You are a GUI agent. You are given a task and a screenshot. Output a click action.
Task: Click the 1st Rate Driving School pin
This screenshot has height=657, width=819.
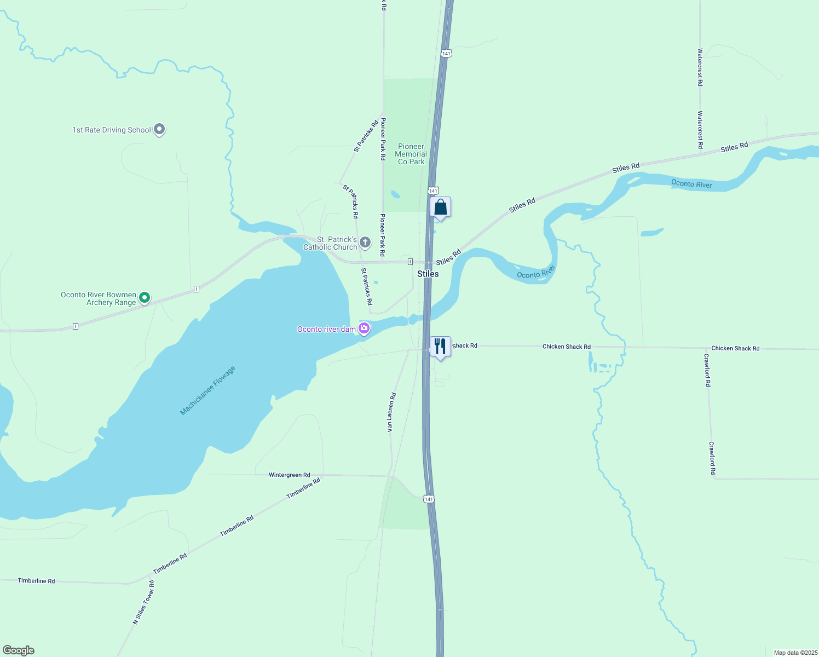click(159, 129)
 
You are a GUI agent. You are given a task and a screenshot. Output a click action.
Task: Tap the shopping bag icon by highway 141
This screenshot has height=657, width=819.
click(441, 208)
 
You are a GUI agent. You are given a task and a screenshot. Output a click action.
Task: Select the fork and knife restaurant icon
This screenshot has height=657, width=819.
click(440, 347)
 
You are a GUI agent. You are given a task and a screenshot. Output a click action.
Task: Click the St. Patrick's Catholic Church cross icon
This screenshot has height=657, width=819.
click(365, 242)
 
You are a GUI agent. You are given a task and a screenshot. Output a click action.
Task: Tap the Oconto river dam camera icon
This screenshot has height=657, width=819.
click(364, 328)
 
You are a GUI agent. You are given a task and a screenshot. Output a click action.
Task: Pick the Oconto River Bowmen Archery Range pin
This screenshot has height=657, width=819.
click(145, 298)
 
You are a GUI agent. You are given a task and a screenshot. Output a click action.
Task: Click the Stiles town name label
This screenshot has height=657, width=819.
click(428, 274)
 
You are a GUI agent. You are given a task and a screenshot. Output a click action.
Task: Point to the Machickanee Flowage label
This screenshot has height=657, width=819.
click(207, 390)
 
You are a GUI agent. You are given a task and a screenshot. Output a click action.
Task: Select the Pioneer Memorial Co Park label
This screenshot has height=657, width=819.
click(411, 154)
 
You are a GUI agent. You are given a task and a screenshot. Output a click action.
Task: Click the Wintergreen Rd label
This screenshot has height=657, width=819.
click(290, 475)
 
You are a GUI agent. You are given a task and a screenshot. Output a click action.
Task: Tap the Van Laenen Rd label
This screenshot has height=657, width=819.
click(391, 412)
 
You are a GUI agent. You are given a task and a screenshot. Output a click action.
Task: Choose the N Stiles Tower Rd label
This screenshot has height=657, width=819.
click(144, 603)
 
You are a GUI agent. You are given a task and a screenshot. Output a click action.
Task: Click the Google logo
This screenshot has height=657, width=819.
click(19, 650)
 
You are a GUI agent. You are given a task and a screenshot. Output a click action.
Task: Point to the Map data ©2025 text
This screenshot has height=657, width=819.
click(795, 653)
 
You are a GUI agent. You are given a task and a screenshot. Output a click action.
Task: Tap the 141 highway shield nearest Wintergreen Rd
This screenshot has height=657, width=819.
click(429, 499)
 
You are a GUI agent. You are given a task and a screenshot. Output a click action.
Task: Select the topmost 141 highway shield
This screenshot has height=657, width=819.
click(447, 53)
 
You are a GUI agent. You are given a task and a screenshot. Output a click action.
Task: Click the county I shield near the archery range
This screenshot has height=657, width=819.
click(197, 289)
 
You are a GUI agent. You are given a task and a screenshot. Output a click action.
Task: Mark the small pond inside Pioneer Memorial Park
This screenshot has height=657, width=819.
click(395, 194)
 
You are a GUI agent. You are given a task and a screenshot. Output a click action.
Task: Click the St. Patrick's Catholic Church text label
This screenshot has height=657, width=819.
click(330, 243)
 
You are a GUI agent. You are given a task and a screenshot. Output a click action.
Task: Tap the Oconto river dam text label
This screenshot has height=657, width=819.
click(326, 329)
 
